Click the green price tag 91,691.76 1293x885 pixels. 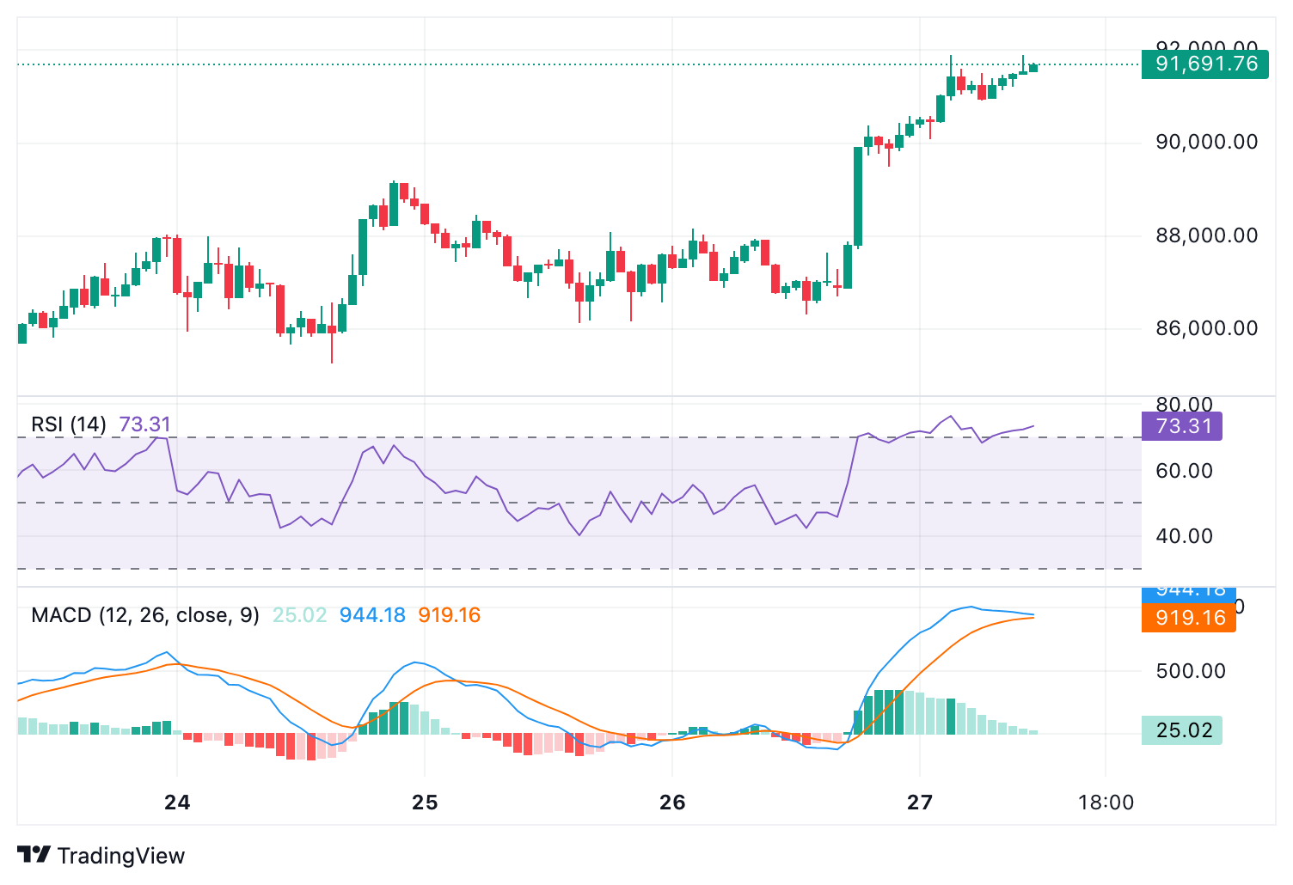[x=1204, y=64]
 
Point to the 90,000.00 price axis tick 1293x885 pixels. [x=1206, y=142]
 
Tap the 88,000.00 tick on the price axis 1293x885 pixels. [x=1206, y=235]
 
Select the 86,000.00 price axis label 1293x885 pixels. [x=1206, y=328]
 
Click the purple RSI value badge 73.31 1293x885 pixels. [x=1182, y=426]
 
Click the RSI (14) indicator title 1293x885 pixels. [x=69, y=424]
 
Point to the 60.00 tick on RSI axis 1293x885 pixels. [x=1184, y=471]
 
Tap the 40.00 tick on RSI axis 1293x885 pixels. [x=1184, y=536]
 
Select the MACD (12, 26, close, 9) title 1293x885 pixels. [x=144, y=615]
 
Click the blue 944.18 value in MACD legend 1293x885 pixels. [x=372, y=615]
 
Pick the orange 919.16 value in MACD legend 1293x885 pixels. [x=449, y=615]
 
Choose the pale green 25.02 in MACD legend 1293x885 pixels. [x=299, y=615]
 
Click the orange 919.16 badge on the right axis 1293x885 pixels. [x=1189, y=618]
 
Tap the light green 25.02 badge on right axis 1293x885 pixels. [x=1182, y=730]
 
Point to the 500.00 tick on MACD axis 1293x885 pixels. [x=1191, y=671]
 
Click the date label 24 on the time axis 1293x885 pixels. [x=177, y=803]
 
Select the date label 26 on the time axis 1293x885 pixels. [x=672, y=803]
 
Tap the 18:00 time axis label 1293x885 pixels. [x=1106, y=803]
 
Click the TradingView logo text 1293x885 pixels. [x=120, y=856]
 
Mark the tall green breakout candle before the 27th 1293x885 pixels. [x=858, y=197]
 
